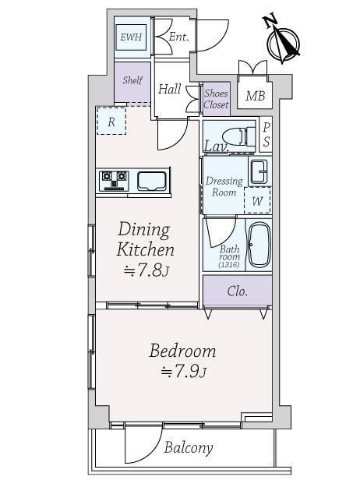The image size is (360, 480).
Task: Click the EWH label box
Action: (x=131, y=37)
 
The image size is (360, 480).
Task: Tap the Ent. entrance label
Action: (x=178, y=37)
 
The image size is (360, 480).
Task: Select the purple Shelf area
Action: (x=132, y=83)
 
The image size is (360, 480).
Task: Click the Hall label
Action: (x=169, y=89)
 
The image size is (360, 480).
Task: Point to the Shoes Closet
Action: (x=217, y=98)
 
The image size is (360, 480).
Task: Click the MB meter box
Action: (x=255, y=96)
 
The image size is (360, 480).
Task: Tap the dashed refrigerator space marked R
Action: (x=111, y=121)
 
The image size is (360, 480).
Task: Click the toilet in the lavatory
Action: (x=238, y=136)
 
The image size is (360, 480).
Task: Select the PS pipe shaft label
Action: (x=266, y=135)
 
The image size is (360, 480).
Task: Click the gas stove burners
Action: (x=114, y=181)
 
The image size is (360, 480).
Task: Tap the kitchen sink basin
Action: (x=151, y=181)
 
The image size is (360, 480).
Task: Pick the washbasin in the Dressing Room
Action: (x=259, y=171)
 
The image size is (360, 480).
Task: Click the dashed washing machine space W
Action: (x=257, y=200)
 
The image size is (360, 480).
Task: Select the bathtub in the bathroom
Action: (x=259, y=245)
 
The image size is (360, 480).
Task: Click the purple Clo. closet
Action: (x=238, y=291)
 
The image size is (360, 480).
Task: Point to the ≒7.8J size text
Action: (x=146, y=270)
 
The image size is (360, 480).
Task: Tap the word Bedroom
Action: (x=183, y=351)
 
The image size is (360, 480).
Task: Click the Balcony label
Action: (x=189, y=448)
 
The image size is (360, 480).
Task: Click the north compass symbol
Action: (x=282, y=41)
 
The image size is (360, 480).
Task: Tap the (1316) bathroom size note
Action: (x=229, y=265)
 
